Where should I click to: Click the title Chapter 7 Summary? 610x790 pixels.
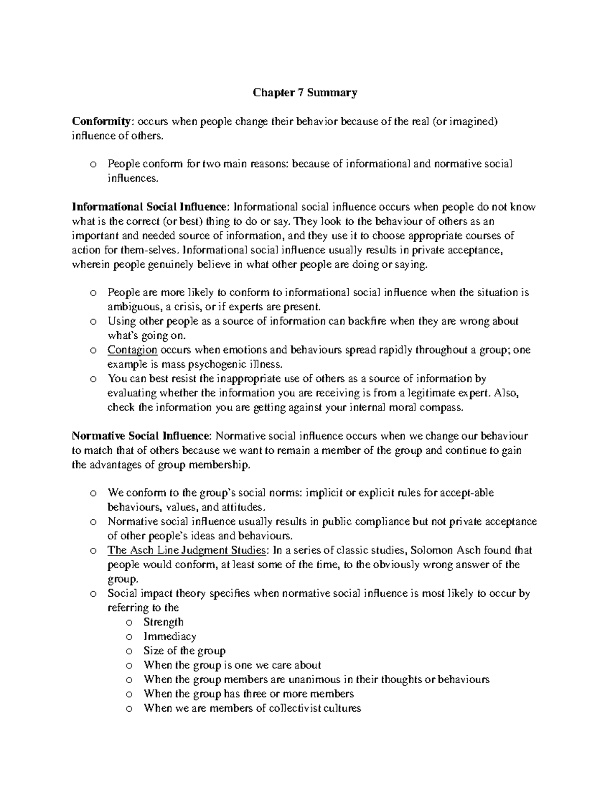pos(305,93)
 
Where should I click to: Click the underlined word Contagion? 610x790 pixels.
pos(132,350)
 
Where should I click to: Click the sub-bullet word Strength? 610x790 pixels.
pos(163,622)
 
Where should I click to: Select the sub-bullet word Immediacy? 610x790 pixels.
pos(170,636)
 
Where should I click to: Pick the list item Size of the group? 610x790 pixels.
pos(184,651)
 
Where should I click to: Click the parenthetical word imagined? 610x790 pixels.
pos(470,122)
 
